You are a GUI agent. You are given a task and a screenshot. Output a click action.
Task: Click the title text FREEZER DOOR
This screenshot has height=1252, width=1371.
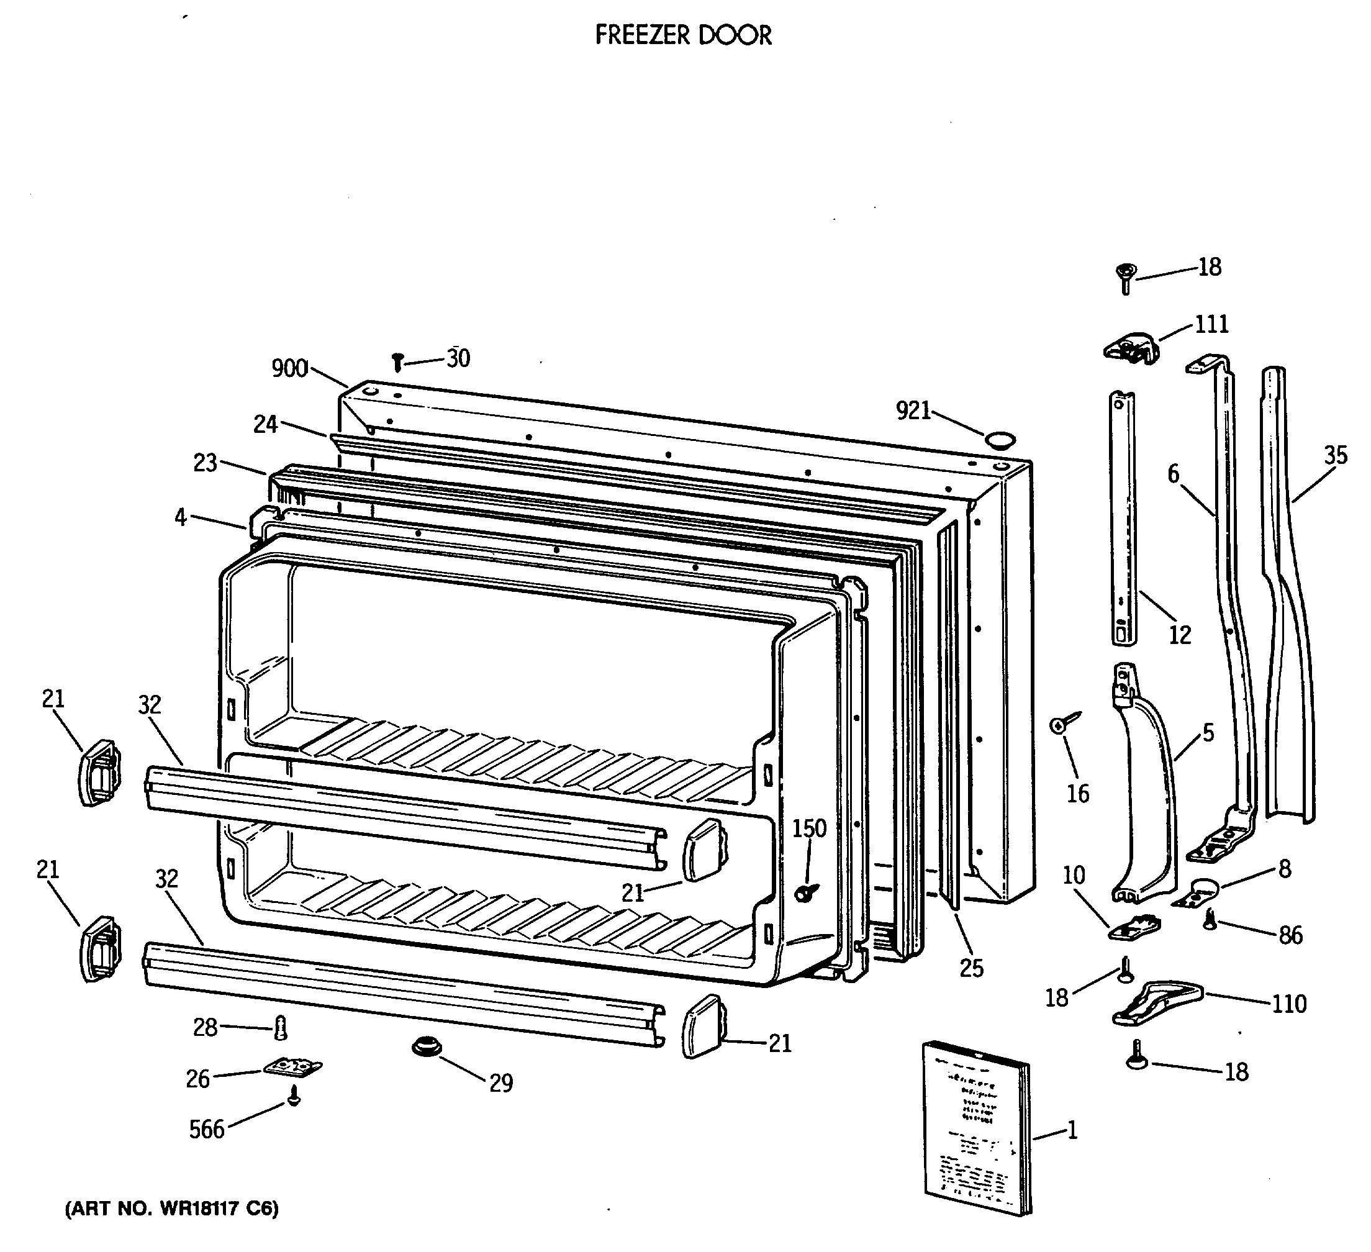(684, 35)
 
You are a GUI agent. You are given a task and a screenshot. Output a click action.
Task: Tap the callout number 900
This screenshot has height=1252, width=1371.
(290, 369)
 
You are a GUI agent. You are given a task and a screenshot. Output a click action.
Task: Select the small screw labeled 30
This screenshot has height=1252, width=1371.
(399, 362)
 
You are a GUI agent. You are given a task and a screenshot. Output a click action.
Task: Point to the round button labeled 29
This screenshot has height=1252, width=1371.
(427, 1048)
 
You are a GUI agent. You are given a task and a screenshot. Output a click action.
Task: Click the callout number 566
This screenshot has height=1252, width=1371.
(207, 1130)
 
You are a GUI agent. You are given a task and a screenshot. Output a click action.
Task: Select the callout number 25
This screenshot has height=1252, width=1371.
(972, 968)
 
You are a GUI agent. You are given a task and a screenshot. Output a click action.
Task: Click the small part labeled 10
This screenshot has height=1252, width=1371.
(1135, 928)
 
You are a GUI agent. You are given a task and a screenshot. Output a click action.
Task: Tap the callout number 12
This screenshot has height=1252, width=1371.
(1180, 635)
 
